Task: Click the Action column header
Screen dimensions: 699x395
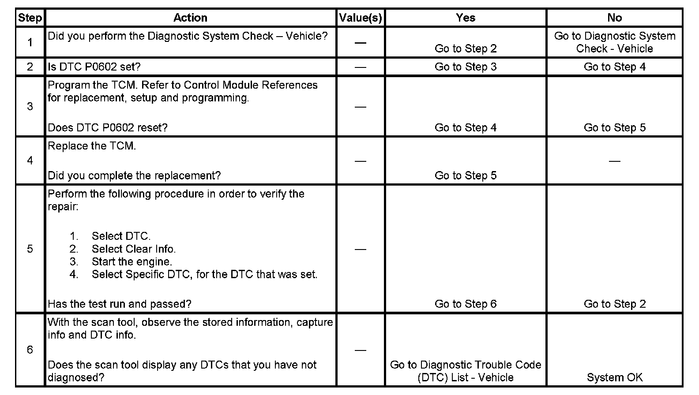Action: [190, 18]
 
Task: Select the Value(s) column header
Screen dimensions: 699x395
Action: [360, 18]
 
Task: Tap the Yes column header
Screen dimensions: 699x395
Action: [466, 18]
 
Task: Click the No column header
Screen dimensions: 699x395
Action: [614, 18]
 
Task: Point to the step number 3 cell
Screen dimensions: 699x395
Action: [30, 106]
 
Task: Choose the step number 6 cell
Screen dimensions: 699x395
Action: [30, 350]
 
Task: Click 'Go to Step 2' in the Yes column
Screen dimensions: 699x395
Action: [466, 48]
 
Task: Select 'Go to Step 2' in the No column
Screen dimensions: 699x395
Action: [614, 304]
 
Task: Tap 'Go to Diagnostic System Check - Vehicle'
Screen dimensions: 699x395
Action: [614, 42]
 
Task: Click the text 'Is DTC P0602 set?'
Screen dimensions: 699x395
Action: [94, 67]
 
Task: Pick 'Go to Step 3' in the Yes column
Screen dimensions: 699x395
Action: [466, 67]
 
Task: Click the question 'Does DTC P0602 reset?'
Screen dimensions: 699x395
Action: [108, 127]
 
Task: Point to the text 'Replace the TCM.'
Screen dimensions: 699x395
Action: [92, 146]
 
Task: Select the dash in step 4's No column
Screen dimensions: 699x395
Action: [614, 161]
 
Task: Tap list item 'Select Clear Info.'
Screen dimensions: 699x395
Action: [133, 249]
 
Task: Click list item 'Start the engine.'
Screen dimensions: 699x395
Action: [132, 261]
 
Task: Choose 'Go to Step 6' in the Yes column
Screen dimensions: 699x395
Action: [466, 304]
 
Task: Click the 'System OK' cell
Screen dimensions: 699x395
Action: [614, 377]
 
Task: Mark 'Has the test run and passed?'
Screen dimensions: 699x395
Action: [120, 304]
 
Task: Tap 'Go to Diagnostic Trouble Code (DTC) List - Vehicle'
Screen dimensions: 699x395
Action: [466, 371]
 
